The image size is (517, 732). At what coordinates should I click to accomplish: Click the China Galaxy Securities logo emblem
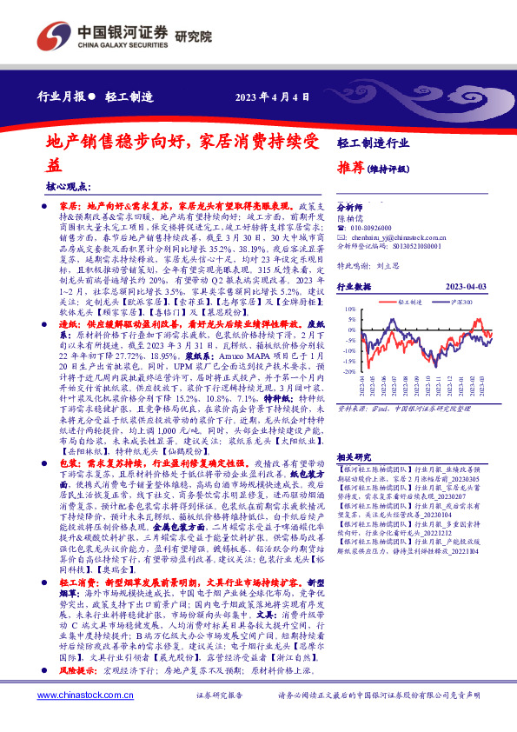(55, 36)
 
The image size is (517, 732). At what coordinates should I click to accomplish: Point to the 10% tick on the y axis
(348, 308)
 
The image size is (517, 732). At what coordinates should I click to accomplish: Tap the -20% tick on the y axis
(347, 370)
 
